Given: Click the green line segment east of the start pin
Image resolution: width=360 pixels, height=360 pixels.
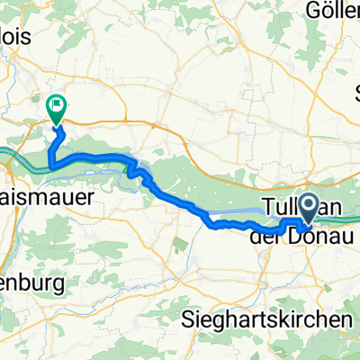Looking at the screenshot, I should click(x=346, y=217).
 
